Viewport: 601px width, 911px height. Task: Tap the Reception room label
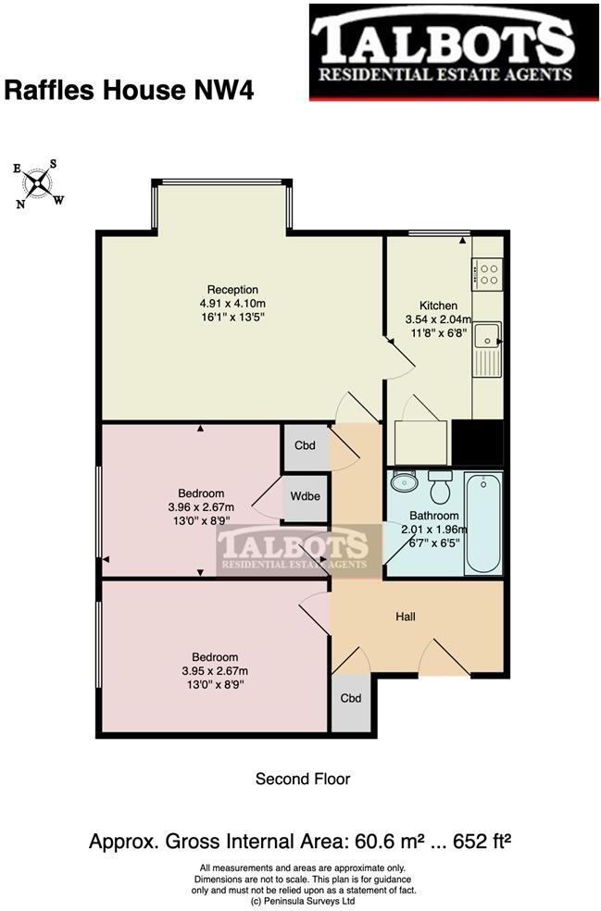[x=232, y=290]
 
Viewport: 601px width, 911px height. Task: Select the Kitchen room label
[x=438, y=306]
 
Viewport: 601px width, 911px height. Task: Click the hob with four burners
[x=487, y=274]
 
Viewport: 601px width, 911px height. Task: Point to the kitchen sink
[x=485, y=335]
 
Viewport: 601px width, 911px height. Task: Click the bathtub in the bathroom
[x=483, y=523]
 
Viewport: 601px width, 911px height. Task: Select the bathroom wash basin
[x=405, y=481]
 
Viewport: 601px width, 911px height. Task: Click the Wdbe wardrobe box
[x=305, y=496]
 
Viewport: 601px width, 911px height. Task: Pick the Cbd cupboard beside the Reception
[x=305, y=445]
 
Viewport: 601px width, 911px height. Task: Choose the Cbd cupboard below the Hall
[x=350, y=698]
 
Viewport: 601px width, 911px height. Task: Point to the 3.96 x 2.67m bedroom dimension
[x=201, y=506]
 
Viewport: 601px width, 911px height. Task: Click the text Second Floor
[x=303, y=780]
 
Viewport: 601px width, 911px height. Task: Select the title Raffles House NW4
[x=130, y=90]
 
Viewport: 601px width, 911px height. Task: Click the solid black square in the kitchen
[x=478, y=442]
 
